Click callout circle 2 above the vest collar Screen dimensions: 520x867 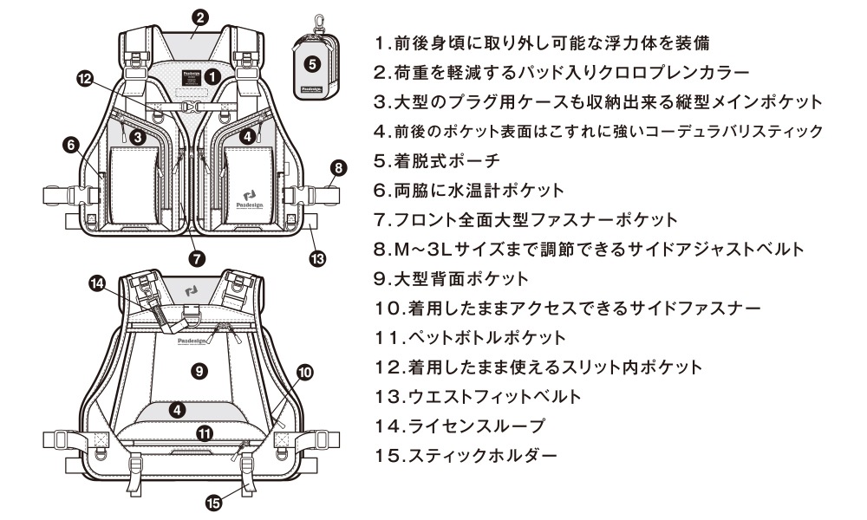click(x=199, y=17)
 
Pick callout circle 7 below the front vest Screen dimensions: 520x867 click(x=197, y=257)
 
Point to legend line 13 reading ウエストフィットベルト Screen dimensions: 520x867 click(x=490, y=396)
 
